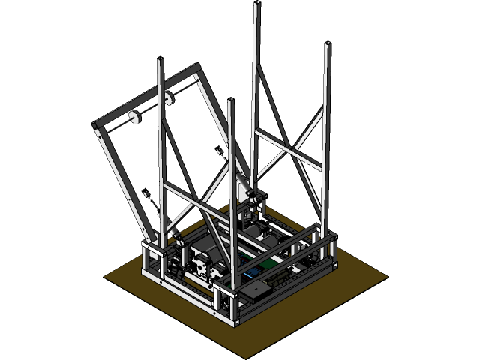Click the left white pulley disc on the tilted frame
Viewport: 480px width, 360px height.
pos(135,116)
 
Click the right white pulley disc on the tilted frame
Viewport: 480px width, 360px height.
pos(167,97)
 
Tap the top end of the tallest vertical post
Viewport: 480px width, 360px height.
pos(256,4)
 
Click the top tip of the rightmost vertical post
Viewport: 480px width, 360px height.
pos(327,45)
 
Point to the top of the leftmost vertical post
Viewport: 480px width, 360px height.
pos(160,60)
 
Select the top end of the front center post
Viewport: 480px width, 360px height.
pos(231,101)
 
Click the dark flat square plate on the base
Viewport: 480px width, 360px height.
pos(255,289)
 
